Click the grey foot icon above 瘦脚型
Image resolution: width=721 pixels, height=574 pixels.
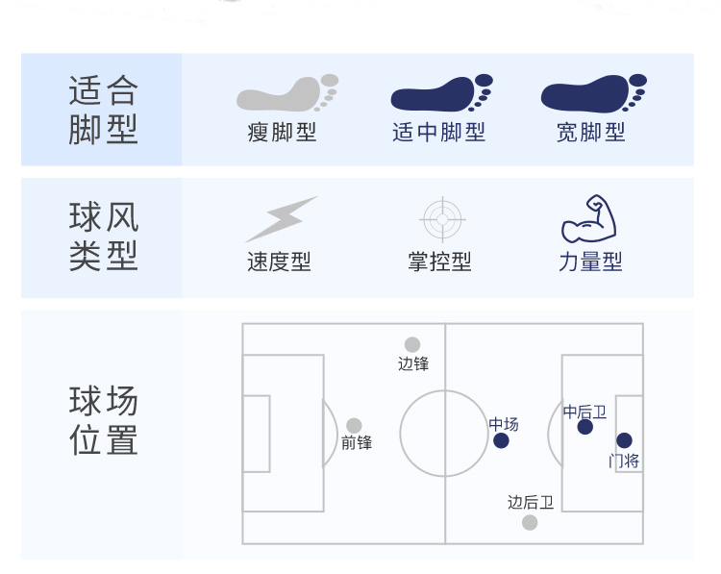coord(287,93)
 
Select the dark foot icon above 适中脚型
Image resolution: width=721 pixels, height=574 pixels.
coord(441,93)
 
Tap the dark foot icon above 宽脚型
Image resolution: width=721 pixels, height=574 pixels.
coord(594,93)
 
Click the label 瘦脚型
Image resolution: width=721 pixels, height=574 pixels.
coord(282,133)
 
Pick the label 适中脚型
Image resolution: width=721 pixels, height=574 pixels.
coord(438,133)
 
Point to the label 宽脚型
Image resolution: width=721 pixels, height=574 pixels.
coord(591,133)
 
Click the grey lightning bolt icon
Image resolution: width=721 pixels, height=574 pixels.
coord(282,219)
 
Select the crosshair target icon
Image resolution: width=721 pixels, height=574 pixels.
coord(442,219)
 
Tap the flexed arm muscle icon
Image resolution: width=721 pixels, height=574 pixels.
coord(588,218)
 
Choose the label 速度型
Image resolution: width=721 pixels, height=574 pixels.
coord(279,262)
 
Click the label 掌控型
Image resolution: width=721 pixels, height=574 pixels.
coord(439,262)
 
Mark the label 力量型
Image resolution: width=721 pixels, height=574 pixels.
coord(590,262)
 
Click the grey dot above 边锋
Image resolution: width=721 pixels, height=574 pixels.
coord(412,344)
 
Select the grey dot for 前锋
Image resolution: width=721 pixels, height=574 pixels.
coord(354,426)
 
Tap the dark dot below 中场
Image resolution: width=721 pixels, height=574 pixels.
coord(501,440)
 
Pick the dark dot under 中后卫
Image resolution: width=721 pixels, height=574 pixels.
coord(584,427)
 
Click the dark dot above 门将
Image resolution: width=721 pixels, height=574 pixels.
coord(624,440)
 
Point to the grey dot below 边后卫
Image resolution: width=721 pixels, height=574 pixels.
coord(530,522)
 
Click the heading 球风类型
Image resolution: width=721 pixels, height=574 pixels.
coord(104,236)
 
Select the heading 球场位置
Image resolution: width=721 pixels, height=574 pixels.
coord(104,420)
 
